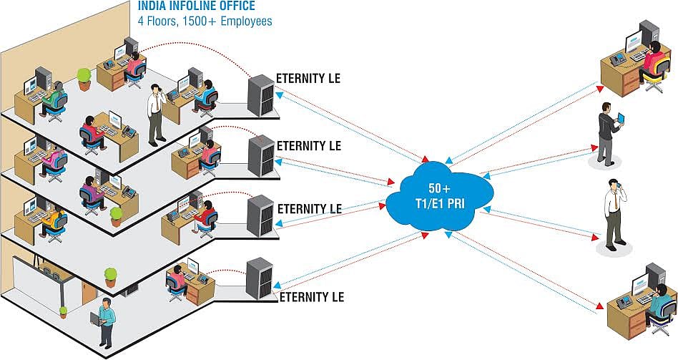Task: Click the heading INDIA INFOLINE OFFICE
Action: [196, 8]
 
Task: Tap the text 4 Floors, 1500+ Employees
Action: [205, 21]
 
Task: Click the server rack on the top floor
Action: [260, 94]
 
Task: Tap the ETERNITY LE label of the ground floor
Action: [311, 296]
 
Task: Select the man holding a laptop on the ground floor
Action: [105, 322]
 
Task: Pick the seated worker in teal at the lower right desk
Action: [659, 305]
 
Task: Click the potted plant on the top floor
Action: [84, 78]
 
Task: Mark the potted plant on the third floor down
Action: [116, 216]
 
